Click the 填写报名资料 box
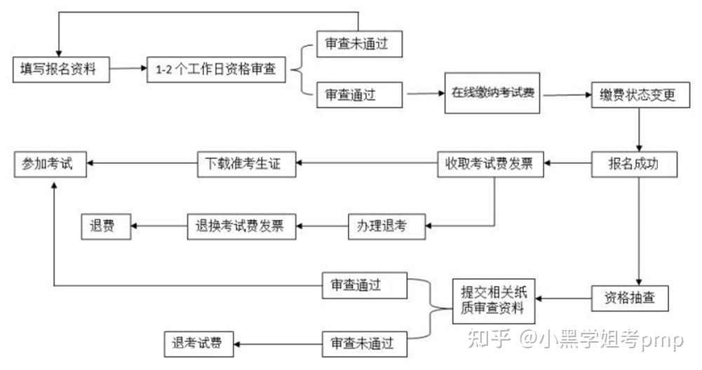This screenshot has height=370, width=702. coord(62,69)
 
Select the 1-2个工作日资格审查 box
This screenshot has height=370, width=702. coord(216,69)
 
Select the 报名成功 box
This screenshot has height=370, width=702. coord(633,164)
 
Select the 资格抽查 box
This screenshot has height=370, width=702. coord(630,298)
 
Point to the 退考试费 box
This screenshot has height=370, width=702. coord(198,343)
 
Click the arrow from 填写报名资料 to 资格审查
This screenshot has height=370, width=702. coord(128,69)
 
